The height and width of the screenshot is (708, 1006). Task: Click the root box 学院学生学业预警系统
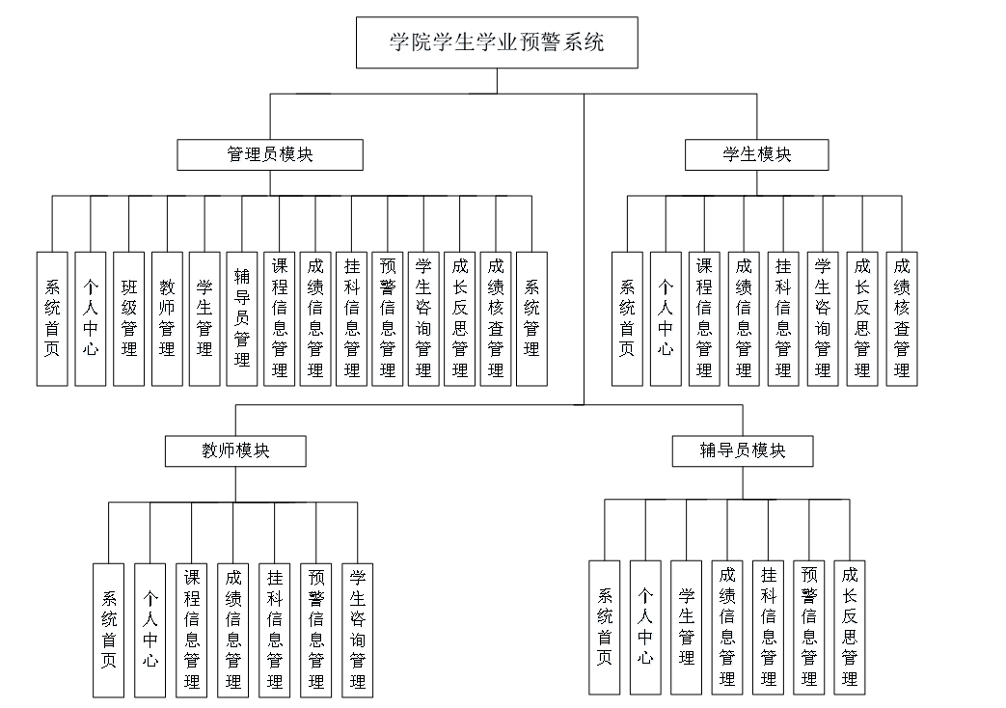pyautogui.click(x=497, y=43)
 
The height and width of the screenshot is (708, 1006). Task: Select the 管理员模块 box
pyautogui.click(x=270, y=154)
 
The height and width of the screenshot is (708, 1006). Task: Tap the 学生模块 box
pyautogui.click(x=756, y=154)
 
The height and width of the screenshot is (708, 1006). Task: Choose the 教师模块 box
pyautogui.click(x=235, y=450)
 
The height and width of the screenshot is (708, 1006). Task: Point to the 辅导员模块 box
pyautogui.click(x=743, y=450)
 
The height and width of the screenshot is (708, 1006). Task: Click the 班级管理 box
pyautogui.click(x=129, y=318)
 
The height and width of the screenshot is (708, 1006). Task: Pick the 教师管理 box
pyautogui.click(x=167, y=318)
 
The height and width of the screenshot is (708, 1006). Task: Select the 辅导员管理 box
pyautogui.click(x=242, y=318)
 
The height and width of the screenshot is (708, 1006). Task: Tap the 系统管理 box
pyautogui.click(x=531, y=318)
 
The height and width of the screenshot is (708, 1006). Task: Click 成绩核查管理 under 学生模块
pyautogui.click(x=902, y=318)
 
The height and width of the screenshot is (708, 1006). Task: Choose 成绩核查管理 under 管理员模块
pyautogui.click(x=496, y=318)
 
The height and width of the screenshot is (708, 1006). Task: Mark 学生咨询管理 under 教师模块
pyautogui.click(x=358, y=629)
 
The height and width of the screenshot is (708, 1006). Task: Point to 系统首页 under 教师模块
pyautogui.click(x=109, y=629)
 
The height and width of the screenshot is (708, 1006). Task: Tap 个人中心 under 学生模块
pyautogui.click(x=666, y=318)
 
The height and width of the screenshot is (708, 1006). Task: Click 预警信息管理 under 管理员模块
pyautogui.click(x=388, y=318)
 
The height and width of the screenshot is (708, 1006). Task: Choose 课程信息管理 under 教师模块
pyautogui.click(x=192, y=629)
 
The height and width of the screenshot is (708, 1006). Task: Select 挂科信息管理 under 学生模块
pyautogui.click(x=783, y=318)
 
